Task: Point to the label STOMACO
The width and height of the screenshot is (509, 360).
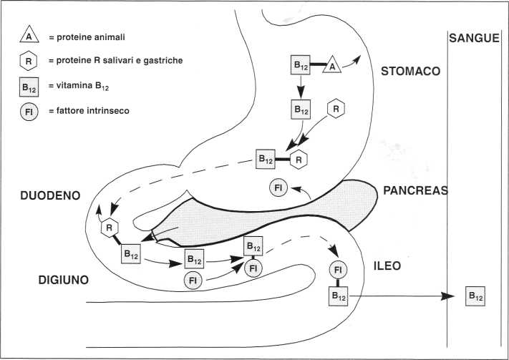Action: coord(411,72)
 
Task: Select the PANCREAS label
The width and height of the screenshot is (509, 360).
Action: coord(416,190)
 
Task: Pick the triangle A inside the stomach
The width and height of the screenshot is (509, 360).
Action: coord(331,67)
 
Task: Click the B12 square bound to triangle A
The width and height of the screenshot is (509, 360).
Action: coord(301,64)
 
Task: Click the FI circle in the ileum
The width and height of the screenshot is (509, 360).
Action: coord(339,271)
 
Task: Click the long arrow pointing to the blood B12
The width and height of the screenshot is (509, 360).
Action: coord(401,296)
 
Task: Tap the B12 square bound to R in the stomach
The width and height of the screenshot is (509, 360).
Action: coord(266,158)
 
